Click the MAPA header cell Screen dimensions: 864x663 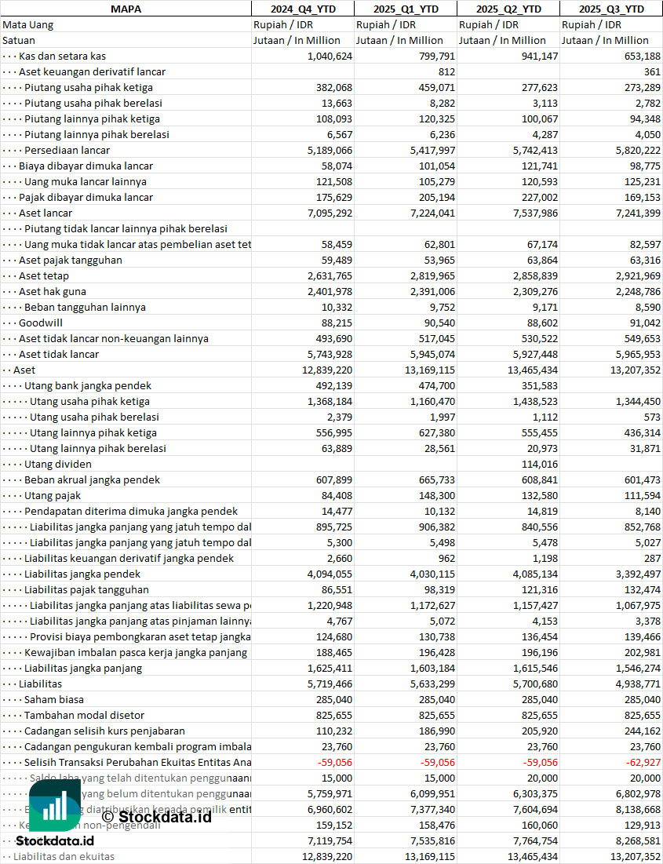pyautogui.click(x=126, y=9)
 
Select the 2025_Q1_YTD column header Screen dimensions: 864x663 pyautogui.click(x=406, y=9)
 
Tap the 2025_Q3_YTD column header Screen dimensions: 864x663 pyautogui.click(x=611, y=9)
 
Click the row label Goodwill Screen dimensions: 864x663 pyautogui.click(x=41, y=323)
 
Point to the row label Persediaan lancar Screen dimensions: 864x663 pyautogui.click(x=67, y=150)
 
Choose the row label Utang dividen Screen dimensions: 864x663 pyautogui.click(x=57, y=464)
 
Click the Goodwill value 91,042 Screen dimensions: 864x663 pyautogui.click(x=640, y=323)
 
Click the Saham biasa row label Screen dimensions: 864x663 pyautogui.click(x=54, y=699)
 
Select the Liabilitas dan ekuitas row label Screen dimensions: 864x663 pyautogui.click(x=64, y=856)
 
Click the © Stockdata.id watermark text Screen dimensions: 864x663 pyautogui.click(x=156, y=817)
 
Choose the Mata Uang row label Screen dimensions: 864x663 pyautogui.click(x=28, y=24)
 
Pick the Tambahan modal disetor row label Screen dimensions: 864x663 pyautogui.click(x=84, y=715)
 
